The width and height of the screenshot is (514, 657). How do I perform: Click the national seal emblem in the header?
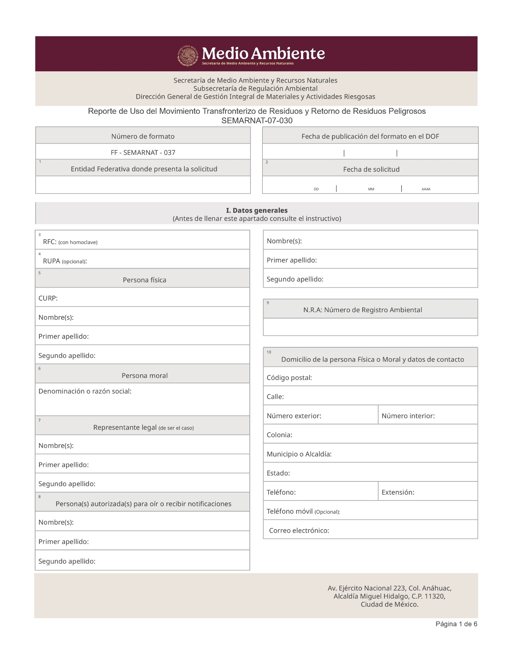pyautogui.click(x=188, y=55)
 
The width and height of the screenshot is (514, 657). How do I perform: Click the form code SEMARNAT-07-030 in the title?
pyautogui.click(x=257, y=121)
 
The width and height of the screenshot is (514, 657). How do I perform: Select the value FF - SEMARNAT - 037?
pyautogui.click(x=143, y=153)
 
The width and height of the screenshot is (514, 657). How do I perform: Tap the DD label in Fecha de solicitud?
pyautogui.click(x=316, y=189)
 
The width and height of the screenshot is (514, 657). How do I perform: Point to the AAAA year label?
pyautogui.click(x=426, y=189)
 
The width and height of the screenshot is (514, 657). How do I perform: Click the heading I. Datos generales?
pyautogui.click(x=257, y=210)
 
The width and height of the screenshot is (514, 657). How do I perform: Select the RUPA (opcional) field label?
pyautogui.click(x=65, y=261)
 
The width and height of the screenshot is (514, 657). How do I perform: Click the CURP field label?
pyautogui.click(x=48, y=298)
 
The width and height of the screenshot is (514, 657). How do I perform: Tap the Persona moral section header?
pyautogui.click(x=144, y=376)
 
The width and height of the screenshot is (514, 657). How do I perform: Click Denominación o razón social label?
pyautogui.click(x=85, y=391)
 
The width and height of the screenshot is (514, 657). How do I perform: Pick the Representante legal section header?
pyautogui.click(x=143, y=428)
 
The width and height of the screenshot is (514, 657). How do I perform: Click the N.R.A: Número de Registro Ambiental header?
pyautogui.click(x=363, y=310)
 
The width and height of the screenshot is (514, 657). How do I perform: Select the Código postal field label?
pyautogui.click(x=289, y=378)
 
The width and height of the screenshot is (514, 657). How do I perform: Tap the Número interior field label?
pyautogui.click(x=408, y=416)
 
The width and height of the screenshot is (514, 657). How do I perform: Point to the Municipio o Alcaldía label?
pyautogui.click(x=299, y=454)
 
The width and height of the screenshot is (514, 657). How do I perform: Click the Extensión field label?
pyautogui.click(x=398, y=493)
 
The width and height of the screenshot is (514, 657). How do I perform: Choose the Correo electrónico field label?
pyautogui.click(x=299, y=531)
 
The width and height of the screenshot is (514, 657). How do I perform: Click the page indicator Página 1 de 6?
pyautogui.click(x=456, y=624)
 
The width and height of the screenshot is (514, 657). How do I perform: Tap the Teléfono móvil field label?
pyautogui.click(x=303, y=512)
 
